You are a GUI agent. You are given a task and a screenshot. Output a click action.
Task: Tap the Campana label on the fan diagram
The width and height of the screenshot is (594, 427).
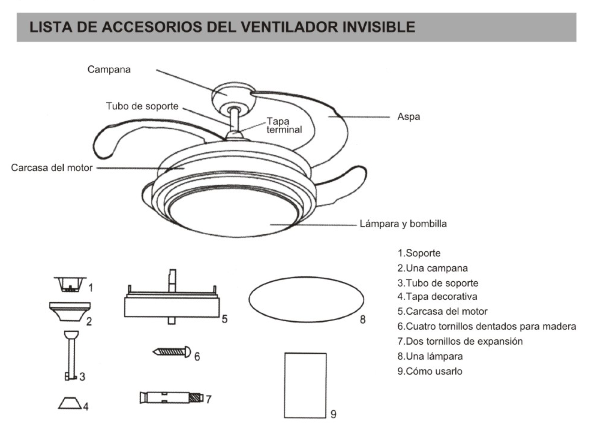109,70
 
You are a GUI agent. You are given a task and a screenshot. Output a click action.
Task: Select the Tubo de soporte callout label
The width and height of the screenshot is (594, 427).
142,106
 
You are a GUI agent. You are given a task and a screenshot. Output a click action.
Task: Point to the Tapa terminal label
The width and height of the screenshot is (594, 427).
284,125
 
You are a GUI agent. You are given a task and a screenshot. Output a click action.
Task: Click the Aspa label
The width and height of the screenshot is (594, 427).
408,117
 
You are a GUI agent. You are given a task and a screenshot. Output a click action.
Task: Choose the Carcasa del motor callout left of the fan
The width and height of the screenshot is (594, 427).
52,168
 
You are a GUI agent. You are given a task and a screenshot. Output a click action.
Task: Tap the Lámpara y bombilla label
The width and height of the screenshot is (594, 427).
403,224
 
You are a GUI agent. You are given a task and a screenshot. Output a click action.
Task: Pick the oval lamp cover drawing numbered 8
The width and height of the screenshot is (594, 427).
306,300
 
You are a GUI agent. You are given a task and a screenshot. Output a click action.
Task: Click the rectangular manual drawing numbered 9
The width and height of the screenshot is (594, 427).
305,385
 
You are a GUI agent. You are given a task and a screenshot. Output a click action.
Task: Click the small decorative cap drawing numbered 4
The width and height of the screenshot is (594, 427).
70,403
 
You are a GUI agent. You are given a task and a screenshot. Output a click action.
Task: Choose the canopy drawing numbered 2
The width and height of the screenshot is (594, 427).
70,311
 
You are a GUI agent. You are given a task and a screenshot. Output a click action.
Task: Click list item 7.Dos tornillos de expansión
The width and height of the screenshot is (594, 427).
460,341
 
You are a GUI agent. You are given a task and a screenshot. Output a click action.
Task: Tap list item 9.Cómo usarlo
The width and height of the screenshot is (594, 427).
429,371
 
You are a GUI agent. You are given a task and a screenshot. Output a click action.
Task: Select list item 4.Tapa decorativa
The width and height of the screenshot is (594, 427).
437,297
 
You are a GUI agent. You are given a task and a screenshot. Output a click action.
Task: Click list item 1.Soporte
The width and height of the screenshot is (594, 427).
419,253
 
